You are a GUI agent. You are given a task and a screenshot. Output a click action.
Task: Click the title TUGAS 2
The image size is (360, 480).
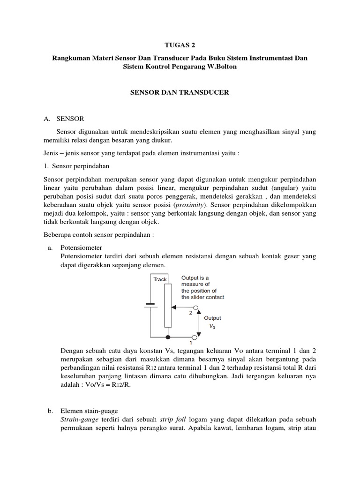[180, 45]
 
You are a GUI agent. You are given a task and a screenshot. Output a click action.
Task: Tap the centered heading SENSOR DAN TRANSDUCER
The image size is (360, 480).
[180, 93]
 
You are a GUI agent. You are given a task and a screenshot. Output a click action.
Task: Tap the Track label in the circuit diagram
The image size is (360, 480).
[160, 279]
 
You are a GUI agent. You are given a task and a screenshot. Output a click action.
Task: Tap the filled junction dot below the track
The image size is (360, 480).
[167, 337]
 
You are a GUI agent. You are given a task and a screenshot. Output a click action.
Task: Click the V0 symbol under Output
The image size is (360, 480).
[212, 328]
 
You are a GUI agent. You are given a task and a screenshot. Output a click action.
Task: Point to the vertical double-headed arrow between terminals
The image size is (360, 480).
[197, 322]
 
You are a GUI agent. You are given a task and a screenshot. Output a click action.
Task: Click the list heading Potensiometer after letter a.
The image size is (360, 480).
[82, 247]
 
